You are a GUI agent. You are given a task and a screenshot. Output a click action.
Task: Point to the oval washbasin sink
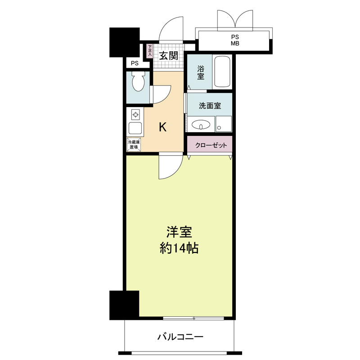pos(200,125)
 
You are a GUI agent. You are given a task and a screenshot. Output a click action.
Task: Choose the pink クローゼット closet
pos(210,145)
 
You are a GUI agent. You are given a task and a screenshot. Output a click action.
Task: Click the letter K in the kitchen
pos(162,127)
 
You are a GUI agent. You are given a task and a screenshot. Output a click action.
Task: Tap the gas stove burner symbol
pos(135,114)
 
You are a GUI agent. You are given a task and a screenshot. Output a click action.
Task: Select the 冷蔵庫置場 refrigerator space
pos(134,144)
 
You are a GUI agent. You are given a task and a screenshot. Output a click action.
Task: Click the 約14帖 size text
pos(179,247)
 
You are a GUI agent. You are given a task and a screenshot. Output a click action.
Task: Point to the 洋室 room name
pos(179,232)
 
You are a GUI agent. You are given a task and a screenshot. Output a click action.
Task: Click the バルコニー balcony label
pos(180,336)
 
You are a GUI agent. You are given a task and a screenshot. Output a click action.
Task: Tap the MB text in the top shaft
pos(235,44)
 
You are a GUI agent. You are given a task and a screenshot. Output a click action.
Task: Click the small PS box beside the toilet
pos(135,63)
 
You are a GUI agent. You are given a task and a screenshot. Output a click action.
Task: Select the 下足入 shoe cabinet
pos(149,51)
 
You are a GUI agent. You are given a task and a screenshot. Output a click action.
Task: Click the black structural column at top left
pos(124,42)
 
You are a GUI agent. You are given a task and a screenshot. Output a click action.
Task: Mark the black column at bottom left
pos(124,305)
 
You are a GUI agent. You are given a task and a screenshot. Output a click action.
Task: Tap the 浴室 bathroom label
pos(200,73)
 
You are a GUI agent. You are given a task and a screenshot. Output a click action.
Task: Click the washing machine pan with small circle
pos(224,124)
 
